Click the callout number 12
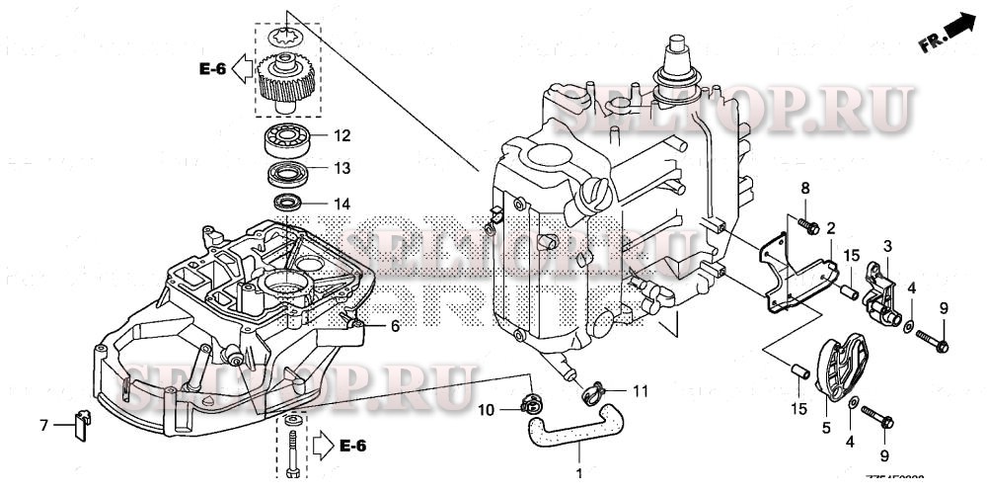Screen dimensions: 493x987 [341, 135]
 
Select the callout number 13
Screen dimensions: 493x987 [341, 168]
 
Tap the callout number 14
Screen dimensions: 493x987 [341, 205]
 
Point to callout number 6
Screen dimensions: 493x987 [395, 326]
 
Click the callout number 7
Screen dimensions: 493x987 [43, 425]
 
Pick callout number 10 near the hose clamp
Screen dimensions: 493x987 [487, 409]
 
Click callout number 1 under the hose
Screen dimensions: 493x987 [579, 473]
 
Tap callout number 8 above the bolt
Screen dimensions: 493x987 [804, 188]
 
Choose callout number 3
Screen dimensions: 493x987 [887, 245]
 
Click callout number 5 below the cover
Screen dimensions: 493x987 [826, 430]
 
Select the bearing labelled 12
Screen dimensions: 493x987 [287, 137]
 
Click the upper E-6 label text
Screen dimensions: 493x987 [212, 68]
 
